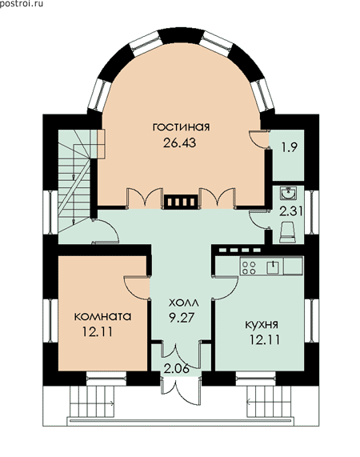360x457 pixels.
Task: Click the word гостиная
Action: tap(181, 127)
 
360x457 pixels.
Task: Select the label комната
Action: tap(102, 316)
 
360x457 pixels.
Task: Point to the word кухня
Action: tap(262, 325)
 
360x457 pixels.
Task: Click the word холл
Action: tap(184, 303)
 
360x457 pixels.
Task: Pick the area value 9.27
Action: tap(182, 318)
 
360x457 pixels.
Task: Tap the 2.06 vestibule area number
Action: tap(177, 369)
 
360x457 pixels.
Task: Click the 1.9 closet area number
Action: tap(290, 147)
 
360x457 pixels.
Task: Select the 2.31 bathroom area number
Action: tap(290, 211)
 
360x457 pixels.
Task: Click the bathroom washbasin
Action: tap(288, 193)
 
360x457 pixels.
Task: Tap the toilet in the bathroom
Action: tap(287, 232)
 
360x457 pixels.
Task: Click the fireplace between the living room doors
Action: tap(180, 202)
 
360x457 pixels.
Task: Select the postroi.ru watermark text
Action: tap(22, 4)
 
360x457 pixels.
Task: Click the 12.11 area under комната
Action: tap(98, 331)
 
